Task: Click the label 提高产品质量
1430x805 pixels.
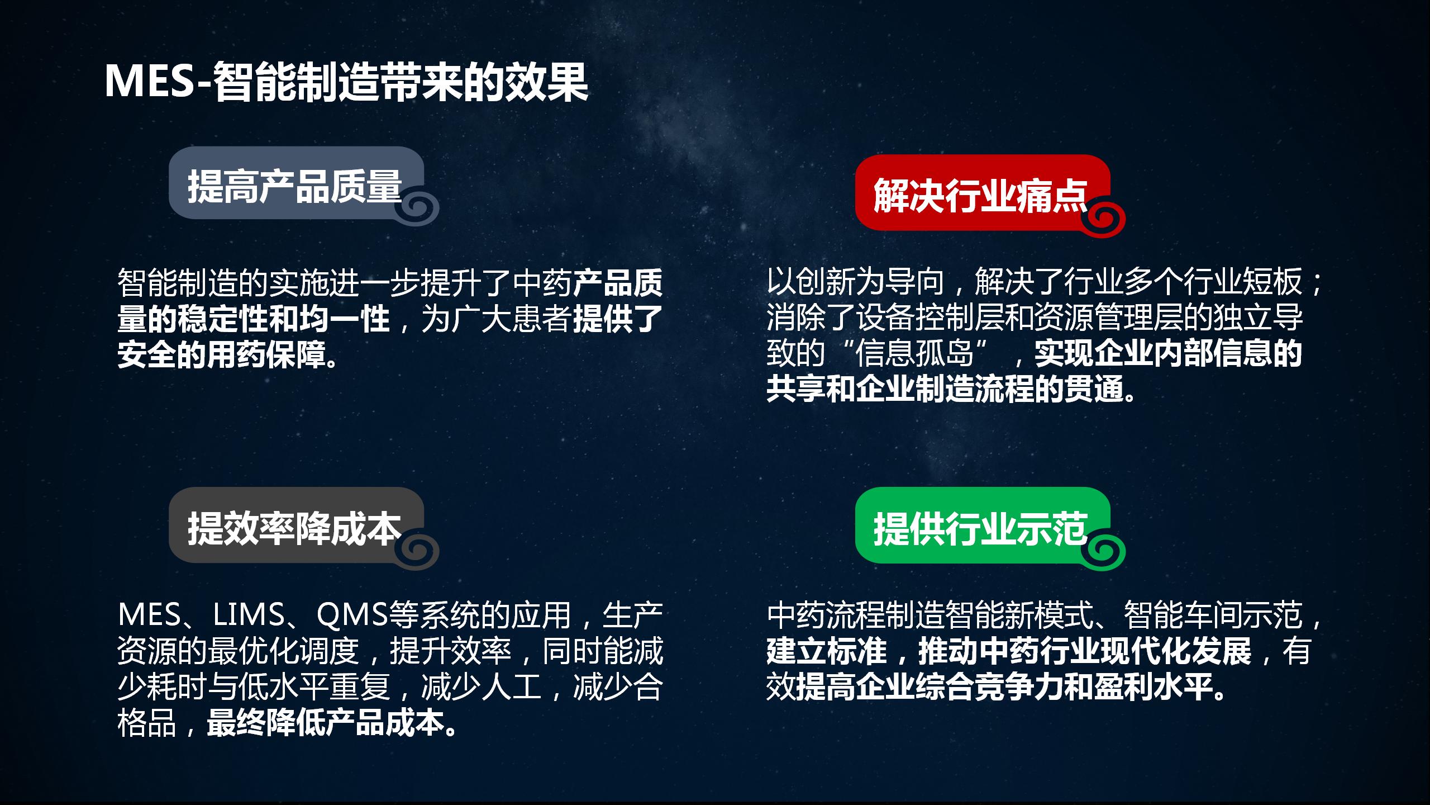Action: tap(294, 186)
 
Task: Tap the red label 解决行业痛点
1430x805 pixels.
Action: tap(980, 196)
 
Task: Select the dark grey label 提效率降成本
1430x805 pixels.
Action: tap(294, 528)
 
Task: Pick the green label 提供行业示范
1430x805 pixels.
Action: tap(980, 528)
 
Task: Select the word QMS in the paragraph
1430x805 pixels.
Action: tap(352, 614)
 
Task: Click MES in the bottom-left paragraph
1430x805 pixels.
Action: tap(149, 614)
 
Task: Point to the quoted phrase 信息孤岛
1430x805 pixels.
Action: tap(914, 353)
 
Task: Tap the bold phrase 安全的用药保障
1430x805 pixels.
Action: tap(222, 354)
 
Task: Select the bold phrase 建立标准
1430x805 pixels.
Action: tap(827, 650)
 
